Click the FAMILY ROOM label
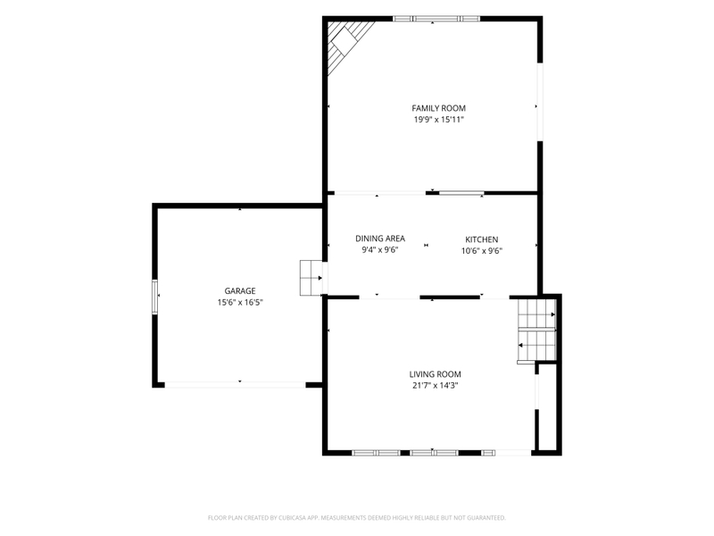438,108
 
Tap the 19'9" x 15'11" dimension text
438,120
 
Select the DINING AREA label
380,239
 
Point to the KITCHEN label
481,239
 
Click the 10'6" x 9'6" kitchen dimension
482,251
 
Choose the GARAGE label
240,291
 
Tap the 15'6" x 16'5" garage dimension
240,302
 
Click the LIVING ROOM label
435,374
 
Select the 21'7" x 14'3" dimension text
435,386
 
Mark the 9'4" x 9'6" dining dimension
380,250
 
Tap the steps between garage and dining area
311,278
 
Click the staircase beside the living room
537,330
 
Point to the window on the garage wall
154,297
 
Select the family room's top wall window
436,19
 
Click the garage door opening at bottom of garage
235,385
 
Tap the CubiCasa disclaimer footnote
356,518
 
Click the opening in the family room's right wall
540,102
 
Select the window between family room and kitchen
461,193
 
